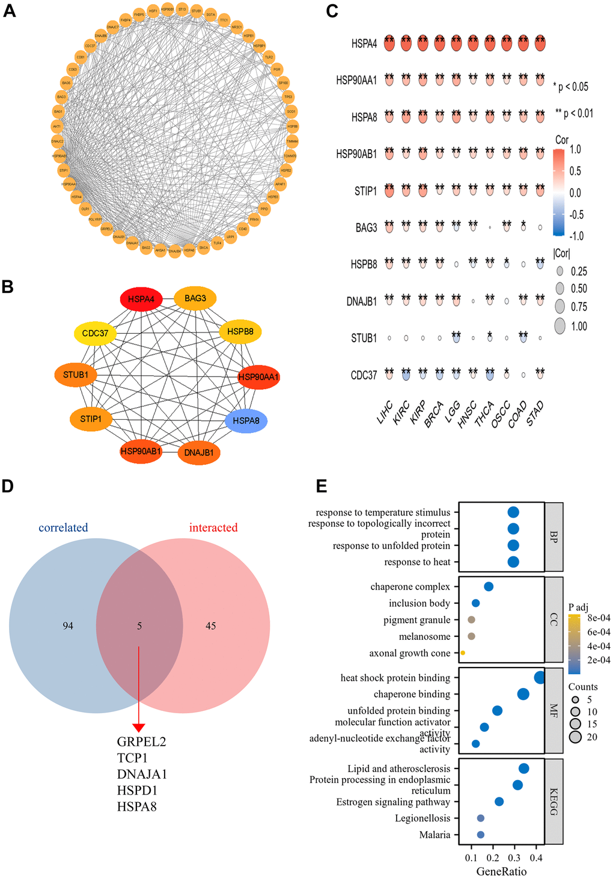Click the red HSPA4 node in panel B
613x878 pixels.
[x=142, y=299]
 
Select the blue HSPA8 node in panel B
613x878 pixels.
[x=246, y=420]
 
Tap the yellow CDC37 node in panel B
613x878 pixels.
[x=95, y=333]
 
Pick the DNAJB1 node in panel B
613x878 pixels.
[x=199, y=452]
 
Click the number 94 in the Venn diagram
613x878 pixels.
[x=68, y=626]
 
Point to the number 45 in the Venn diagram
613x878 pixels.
[x=210, y=626]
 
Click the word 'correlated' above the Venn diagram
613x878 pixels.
[x=63, y=527]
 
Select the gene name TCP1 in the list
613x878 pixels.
[x=132, y=758]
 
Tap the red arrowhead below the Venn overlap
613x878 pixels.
[x=139, y=728]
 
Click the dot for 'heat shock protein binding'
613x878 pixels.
[x=540, y=678]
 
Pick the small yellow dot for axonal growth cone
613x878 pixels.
[x=463, y=653]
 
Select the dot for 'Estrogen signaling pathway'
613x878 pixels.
[x=499, y=802]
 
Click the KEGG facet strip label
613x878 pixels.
[x=554, y=802]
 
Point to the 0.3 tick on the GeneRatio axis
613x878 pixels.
[x=514, y=858]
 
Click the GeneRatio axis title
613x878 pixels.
[x=501, y=871]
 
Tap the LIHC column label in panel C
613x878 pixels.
[x=385, y=414]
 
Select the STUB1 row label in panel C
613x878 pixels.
[x=364, y=339]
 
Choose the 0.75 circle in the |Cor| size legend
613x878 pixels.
[x=560, y=307]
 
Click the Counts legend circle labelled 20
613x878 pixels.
[x=576, y=737]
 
